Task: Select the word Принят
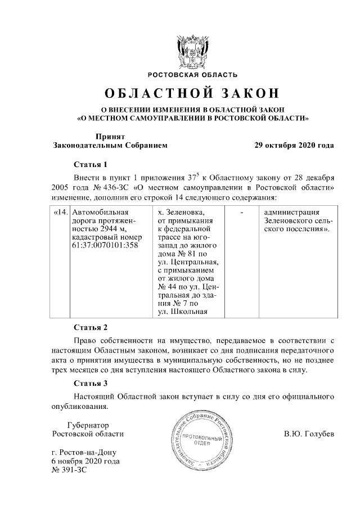[110, 136]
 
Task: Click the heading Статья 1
[91, 164]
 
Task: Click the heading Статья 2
[91, 327]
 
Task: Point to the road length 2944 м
[111, 229]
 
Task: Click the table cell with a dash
[241, 213]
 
